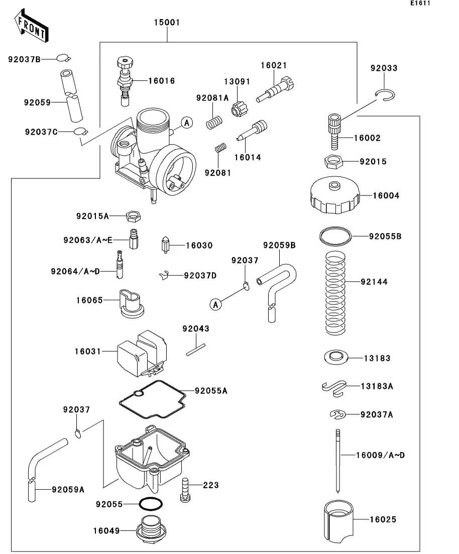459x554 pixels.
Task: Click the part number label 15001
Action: click(166, 23)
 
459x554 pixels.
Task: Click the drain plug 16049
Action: click(149, 531)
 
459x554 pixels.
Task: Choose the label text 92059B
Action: click(279, 245)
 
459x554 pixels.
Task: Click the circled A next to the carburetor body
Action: click(186, 122)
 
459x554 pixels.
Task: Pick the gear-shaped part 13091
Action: click(238, 108)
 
